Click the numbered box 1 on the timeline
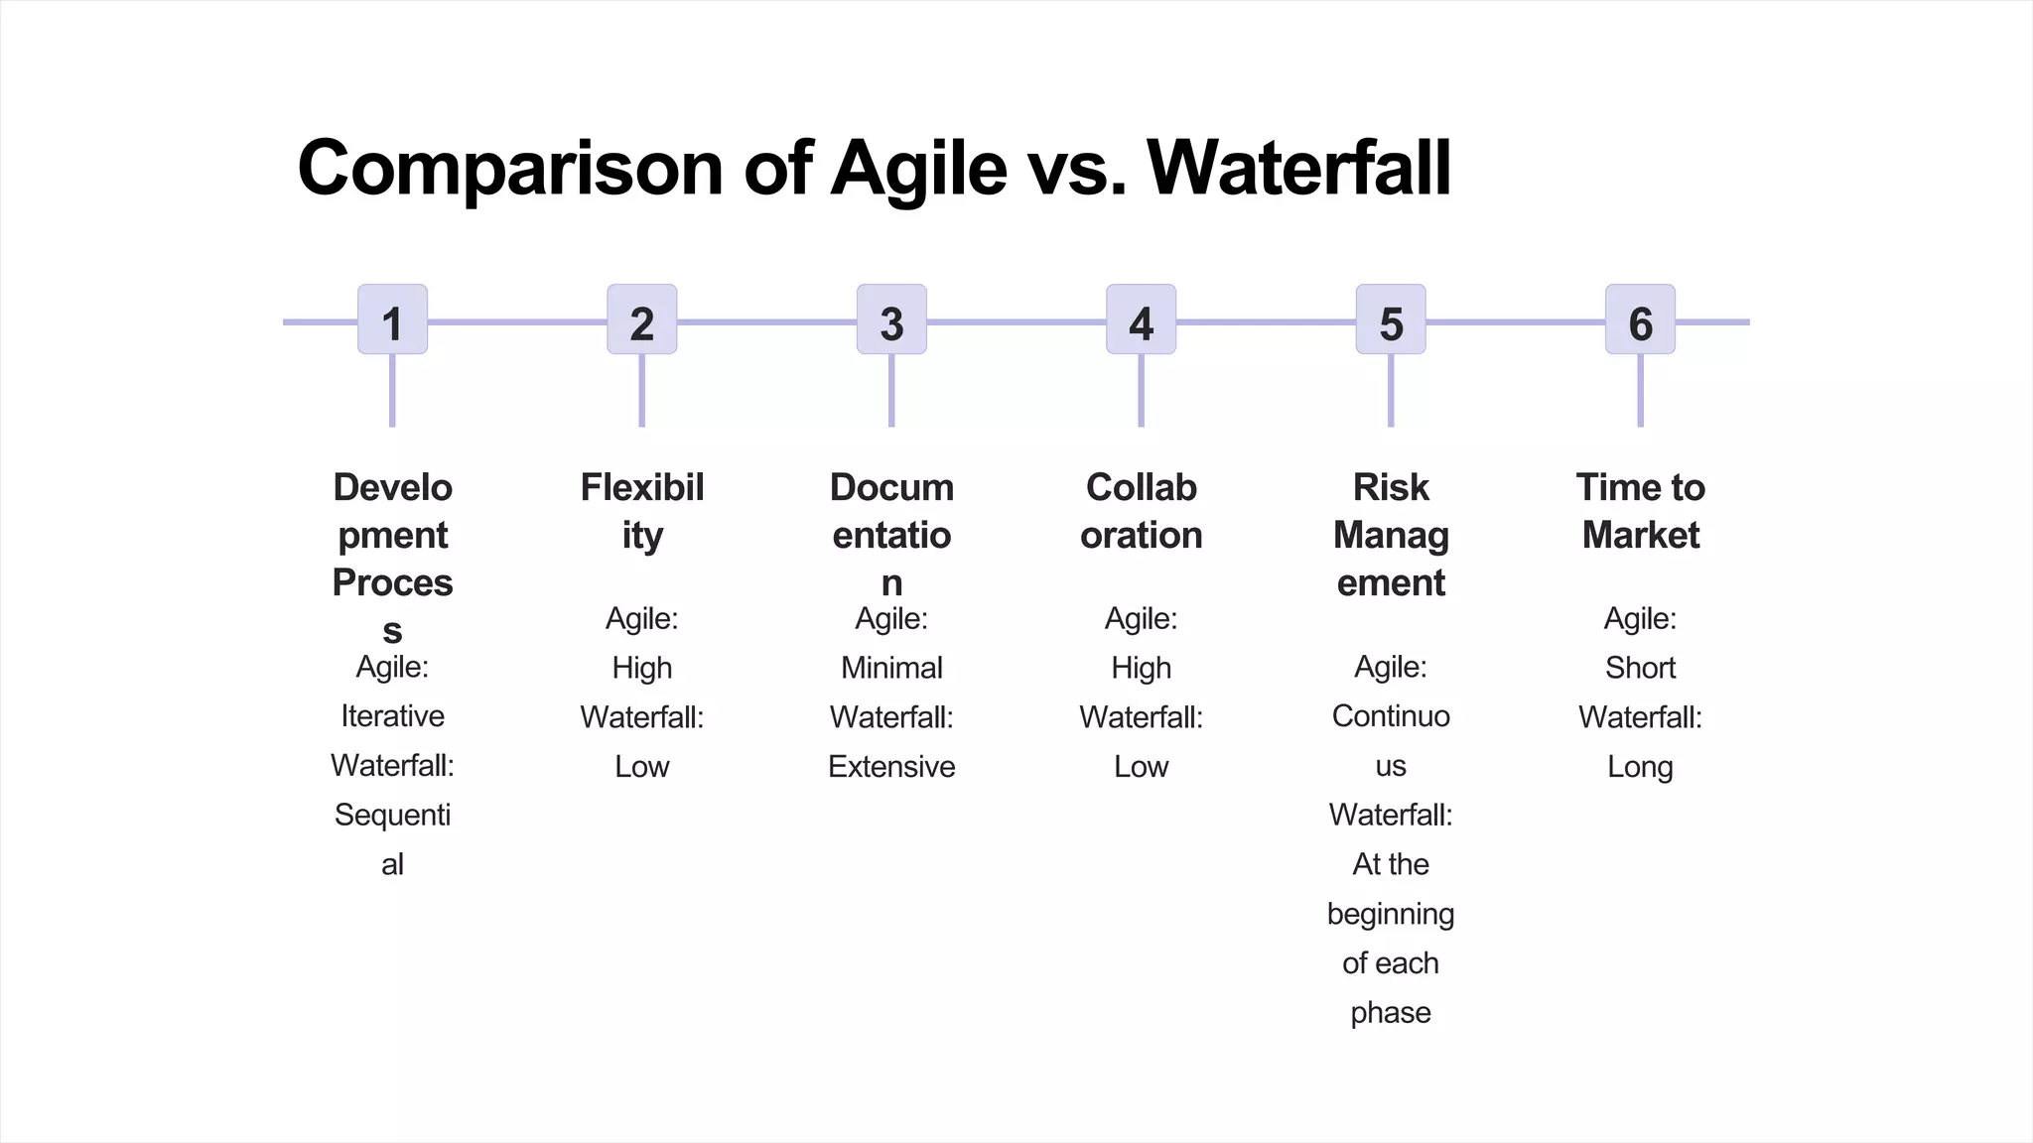pos(392,319)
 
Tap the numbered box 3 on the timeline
pos(891,319)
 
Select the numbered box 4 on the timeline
pos(1141,319)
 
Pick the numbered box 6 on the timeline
pos(1640,319)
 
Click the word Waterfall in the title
pos(1298,168)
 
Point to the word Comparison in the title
pos(510,168)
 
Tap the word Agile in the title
pos(918,168)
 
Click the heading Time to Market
pos(1640,511)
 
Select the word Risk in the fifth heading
pos(1391,487)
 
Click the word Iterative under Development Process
pos(392,716)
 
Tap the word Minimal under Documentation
pos(891,668)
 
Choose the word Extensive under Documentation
pos(891,767)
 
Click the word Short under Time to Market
pos(1640,668)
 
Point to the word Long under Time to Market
pos(1640,767)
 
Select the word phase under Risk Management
pos(1391,1013)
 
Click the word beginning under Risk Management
pos(1391,914)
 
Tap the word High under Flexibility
pos(642,668)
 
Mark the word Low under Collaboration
pos(1141,767)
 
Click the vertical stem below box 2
pos(642,391)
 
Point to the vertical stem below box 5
pos(1391,391)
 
